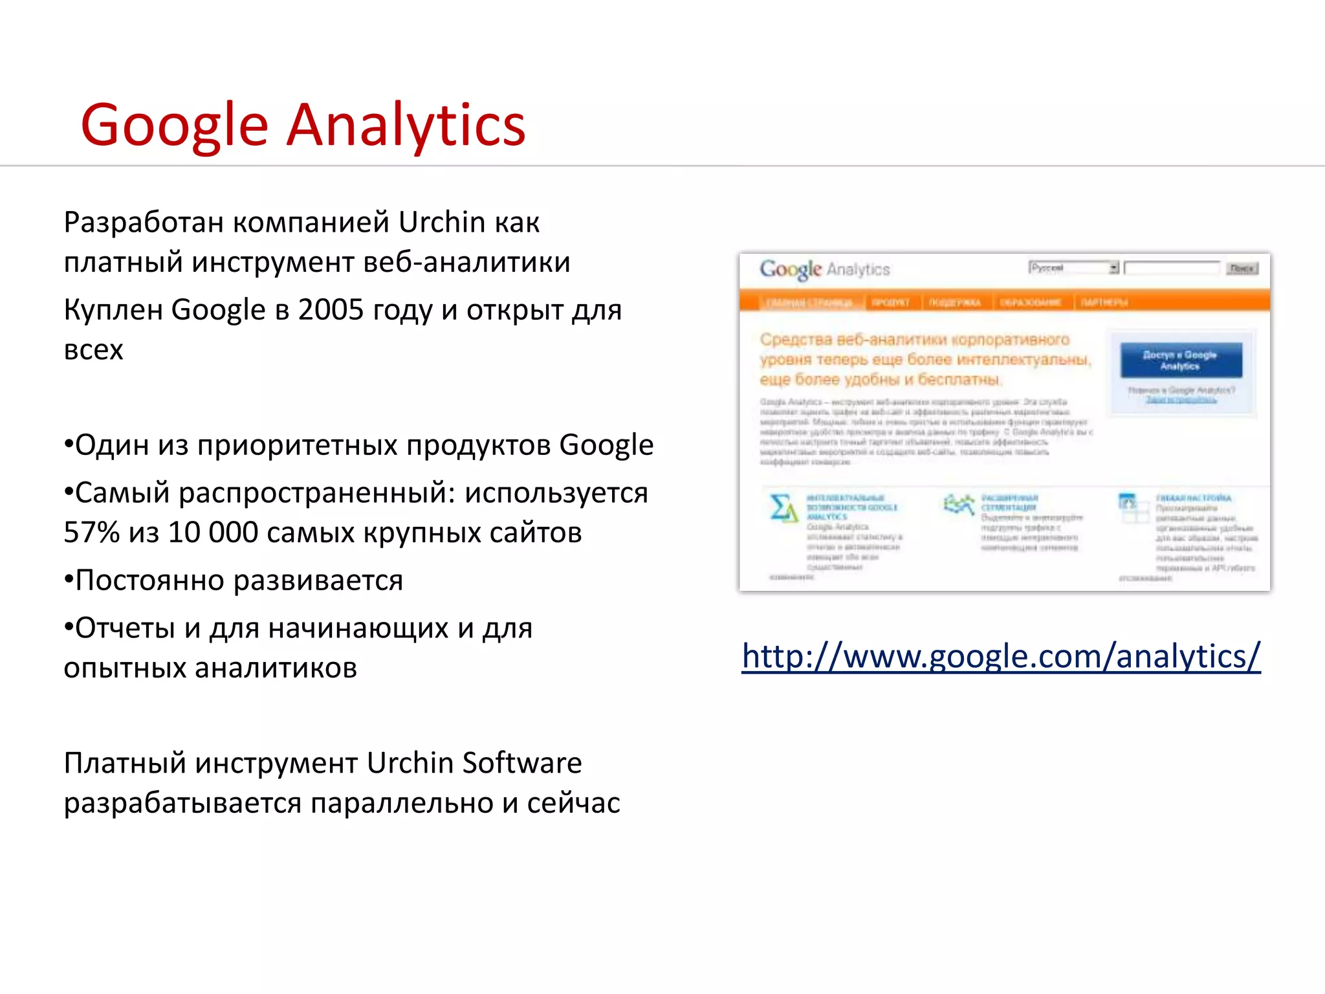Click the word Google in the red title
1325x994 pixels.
pyautogui.click(x=174, y=127)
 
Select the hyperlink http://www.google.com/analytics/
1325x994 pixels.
pyautogui.click(x=1001, y=656)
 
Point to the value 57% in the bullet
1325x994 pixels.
pyautogui.click(x=91, y=533)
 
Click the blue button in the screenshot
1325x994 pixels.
pyautogui.click(x=1181, y=360)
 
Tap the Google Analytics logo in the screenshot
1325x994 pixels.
pyautogui.click(x=825, y=269)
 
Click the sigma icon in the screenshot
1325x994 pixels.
pyautogui.click(x=783, y=508)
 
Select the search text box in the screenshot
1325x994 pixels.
pyautogui.click(x=1172, y=268)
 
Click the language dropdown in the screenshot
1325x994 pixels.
pyautogui.click(x=1073, y=268)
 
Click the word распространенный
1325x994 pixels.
pyautogui.click(x=313, y=493)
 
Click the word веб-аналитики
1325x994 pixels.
pyautogui.click(x=466, y=263)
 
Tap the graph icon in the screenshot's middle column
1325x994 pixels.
pyautogui.click(x=959, y=504)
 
